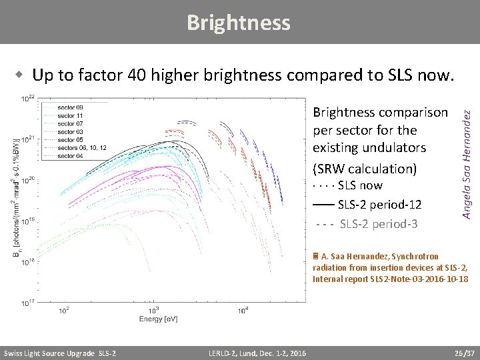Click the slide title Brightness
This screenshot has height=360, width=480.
tap(239, 23)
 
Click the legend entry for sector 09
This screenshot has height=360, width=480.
tap(70, 107)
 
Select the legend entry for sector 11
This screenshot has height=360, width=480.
tap(70, 115)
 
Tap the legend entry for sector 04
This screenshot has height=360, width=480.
tap(70, 156)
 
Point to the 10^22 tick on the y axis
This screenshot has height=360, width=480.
tap(29, 99)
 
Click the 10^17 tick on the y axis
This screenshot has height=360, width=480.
tap(29, 303)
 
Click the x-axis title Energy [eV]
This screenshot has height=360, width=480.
tap(158, 319)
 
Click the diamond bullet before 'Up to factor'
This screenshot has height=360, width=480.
tap(22, 75)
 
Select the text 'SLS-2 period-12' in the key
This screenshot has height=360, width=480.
tap(379, 204)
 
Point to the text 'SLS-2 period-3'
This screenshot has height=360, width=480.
tap(379, 223)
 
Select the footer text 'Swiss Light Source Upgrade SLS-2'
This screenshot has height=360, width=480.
tap(60, 353)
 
